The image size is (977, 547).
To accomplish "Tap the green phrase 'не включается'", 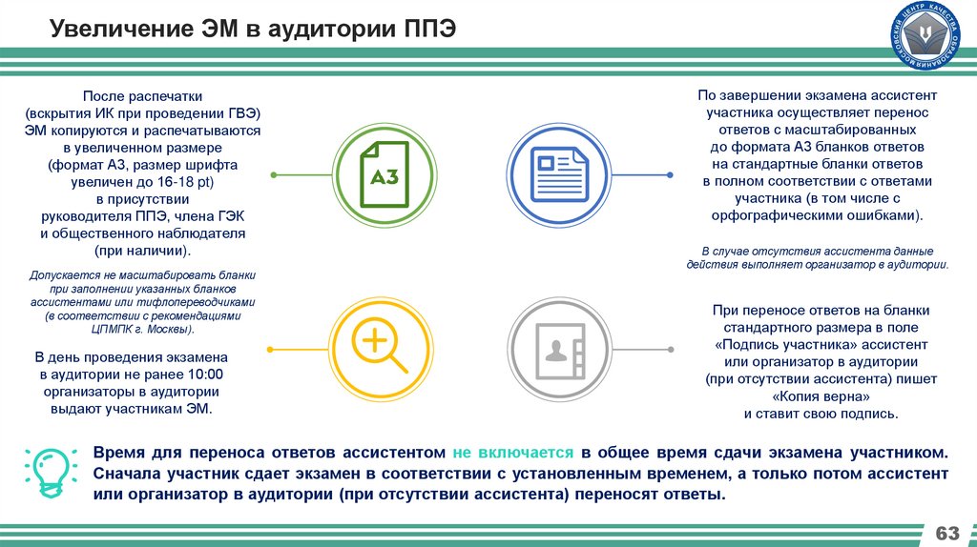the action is pyautogui.click(x=512, y=452).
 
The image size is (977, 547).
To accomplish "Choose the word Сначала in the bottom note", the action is pyautogui.click(x=128, y=475).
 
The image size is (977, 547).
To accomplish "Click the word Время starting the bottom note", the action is pyautogui.click(x=120, y=452).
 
